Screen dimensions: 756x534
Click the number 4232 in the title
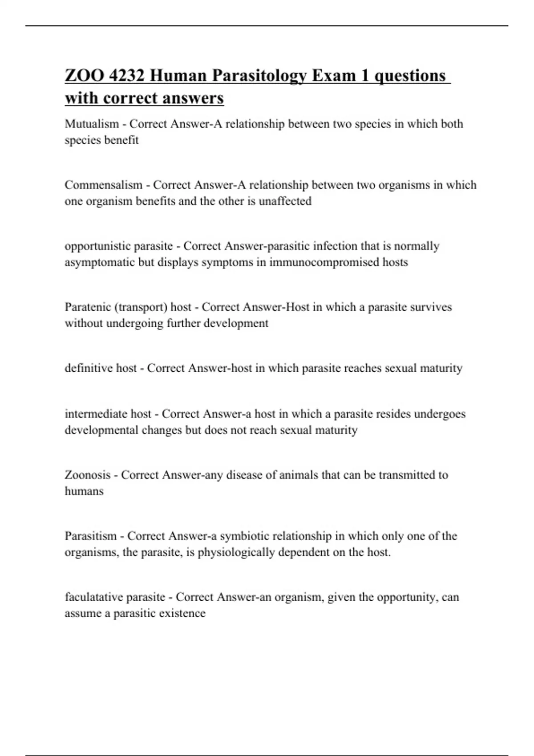click(x=126, y=76)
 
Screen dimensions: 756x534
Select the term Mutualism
click(x=92, y=124)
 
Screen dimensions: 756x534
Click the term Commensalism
click(x=104, y=185)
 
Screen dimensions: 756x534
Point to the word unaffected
click(x=285, y=201)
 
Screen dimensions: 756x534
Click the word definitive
click(x=89, y=368)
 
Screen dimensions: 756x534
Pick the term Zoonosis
click(x=87, y=475)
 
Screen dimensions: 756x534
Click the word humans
click(x=84, y=491)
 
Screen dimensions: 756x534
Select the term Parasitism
click(x=90, y=536)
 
